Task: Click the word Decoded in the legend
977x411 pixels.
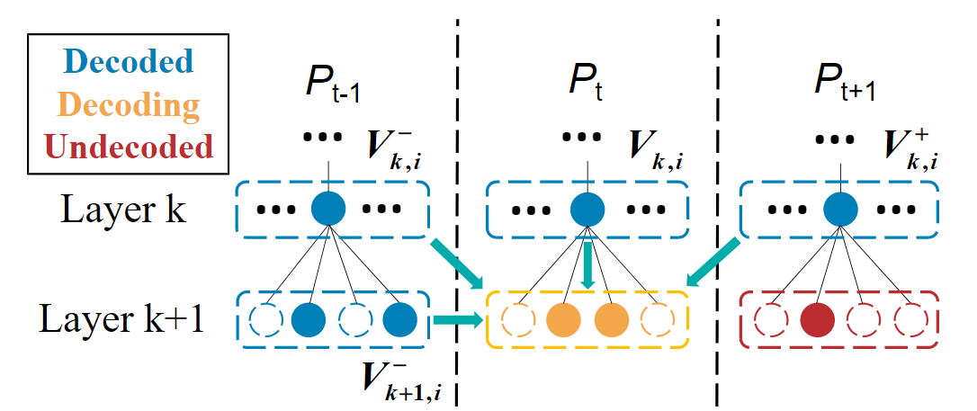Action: pos(130,62)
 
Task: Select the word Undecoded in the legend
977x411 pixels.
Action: pos(131,147)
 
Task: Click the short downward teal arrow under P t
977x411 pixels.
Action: pos(587,264)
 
